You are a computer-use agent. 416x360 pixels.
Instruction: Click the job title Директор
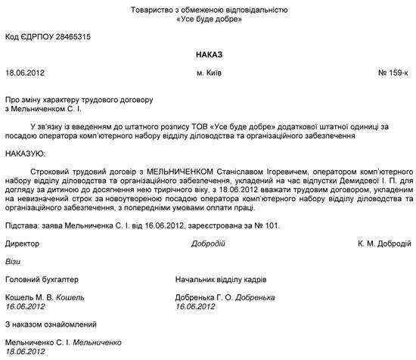pyautogui.click(x=23, y=244)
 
